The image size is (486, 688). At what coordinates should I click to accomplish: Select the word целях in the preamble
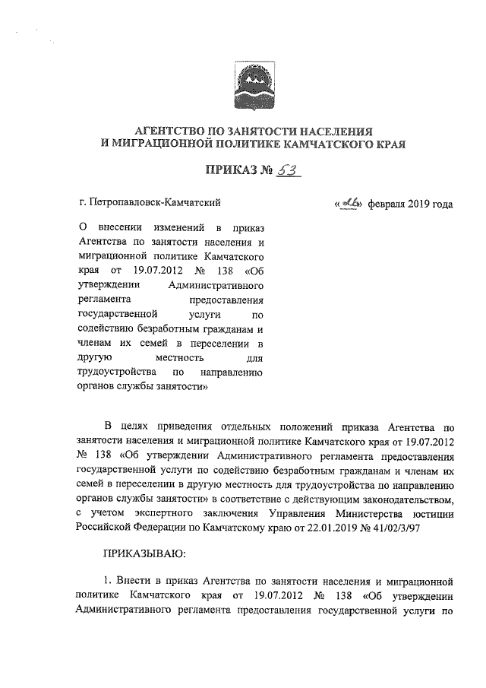pyautogui.click(x=140, y=426)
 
